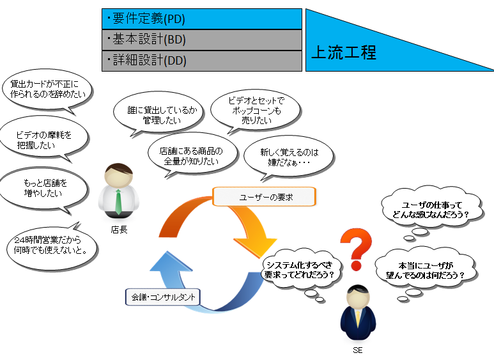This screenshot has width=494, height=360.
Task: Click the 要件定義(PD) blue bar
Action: pyautogui.click(x=202, y=19)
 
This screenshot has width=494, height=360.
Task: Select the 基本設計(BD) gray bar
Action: pyautogui.click(x=202, y=40)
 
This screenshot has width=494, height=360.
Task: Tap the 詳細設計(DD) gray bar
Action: pyautogui.click(x=202, y=61)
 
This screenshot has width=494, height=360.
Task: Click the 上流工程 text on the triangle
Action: pyautogui.click(x=344, y=52)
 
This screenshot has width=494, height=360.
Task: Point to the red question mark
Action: pyautogui.click(x=357, y=249)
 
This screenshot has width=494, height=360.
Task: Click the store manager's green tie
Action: pyautogui.click(x=118, y=202)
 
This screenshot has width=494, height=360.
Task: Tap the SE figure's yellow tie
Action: pyautogui.click(x=358, y=319)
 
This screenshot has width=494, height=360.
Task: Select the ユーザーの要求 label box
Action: pyautogui.click(x=264, y=197)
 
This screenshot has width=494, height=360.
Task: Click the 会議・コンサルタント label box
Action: pyautogui.click(x=163, y=297)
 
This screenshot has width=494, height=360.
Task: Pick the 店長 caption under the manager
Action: pyautogui.click(x=119, y=230)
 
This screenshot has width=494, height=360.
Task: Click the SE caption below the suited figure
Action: pyautogui.click(x=358, y=350)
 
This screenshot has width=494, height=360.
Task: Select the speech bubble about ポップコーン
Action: pyautogui.click(x=256, y=111)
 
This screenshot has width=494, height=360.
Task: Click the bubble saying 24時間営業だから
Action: pyautogui.click(x=52, y=247)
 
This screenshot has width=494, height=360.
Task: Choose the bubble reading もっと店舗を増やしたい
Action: pyautogui.click(x=44, y=189)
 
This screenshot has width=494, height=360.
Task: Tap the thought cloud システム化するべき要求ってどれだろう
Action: pyautogui.click(x=299, y=270)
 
